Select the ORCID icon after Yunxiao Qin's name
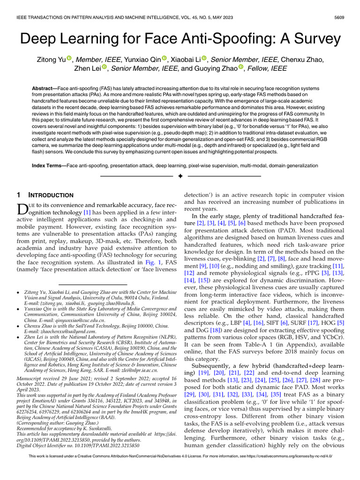(x=165, y=58)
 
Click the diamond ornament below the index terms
(x=180, y=176)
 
